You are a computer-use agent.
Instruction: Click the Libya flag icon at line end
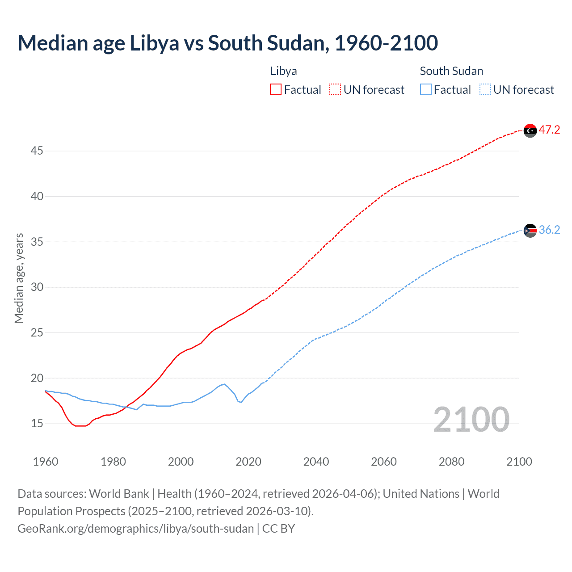[530, 130]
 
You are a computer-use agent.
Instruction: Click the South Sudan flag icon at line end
[530, 231]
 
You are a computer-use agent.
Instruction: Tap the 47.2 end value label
[549, 130]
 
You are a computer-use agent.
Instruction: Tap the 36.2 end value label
[549, 230]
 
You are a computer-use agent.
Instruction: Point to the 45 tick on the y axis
[37, 151]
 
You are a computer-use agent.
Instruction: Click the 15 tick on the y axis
[37, 423]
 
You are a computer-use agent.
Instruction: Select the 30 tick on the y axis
[37, 287]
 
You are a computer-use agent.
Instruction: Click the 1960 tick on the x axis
[46, 462]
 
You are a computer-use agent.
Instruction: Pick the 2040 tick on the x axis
[316, 462]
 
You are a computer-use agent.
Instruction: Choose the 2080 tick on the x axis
[451, 462]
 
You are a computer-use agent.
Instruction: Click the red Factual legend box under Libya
[276, 90]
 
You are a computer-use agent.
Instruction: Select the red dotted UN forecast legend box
[335, 90]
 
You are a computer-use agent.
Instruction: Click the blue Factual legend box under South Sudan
[426, 90]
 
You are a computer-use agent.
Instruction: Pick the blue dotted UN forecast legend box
[485, 90]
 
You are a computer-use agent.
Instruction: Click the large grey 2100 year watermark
[471, 420]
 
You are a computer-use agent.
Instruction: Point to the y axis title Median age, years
[19, 278]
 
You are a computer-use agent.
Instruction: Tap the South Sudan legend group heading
[451, 71]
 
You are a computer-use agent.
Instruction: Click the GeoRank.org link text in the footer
[135, 529]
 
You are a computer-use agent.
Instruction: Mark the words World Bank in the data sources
[119, 494]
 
